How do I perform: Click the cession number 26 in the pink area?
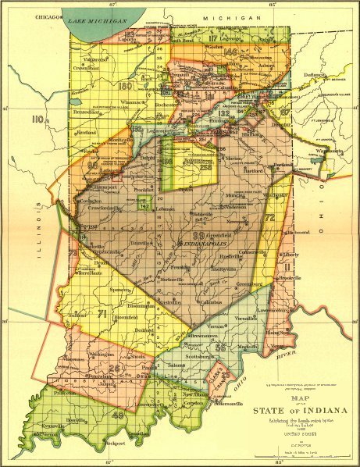tap(116, 368)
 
